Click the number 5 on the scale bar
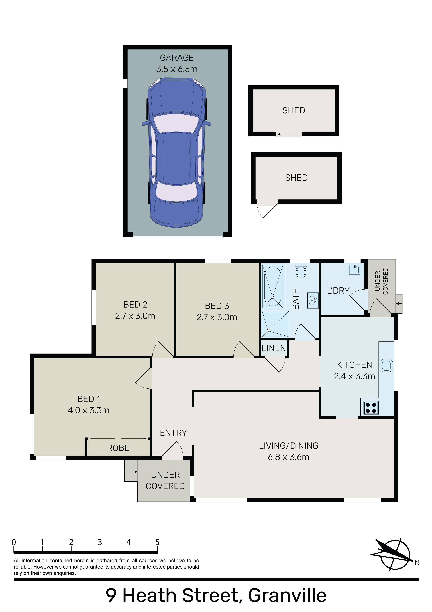click(157, 542)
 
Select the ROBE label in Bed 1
click(118, 448)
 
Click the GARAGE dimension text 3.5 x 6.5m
click(177, 69)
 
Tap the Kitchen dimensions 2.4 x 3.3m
click(354, 376)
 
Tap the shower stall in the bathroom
click(275, 324)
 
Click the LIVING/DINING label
click(289, 446)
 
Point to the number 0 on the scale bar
click(14, 542)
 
